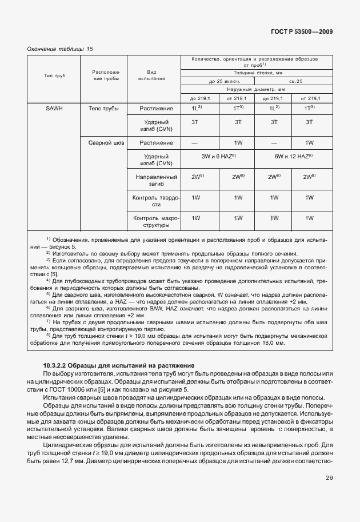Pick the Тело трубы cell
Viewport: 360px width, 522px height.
(103, 108)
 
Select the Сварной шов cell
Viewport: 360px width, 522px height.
(103, 142)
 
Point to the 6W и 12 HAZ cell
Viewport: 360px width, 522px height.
(291, 156)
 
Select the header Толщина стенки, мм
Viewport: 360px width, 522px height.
(255, 73)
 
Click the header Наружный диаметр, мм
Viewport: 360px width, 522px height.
(255, 89)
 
